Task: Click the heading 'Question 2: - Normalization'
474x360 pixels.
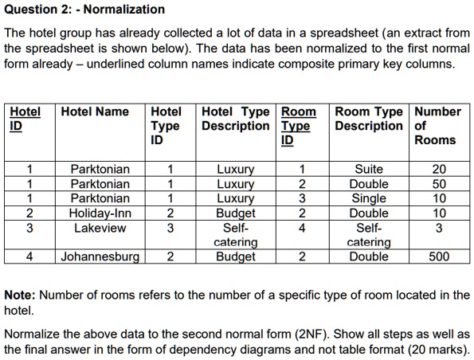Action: point(84,10)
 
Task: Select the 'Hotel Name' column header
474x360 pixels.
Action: point(95,112)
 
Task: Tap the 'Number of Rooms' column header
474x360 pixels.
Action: point(437,126)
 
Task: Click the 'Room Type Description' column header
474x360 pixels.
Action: point(369,119)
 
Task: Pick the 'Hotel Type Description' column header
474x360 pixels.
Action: point(236,119)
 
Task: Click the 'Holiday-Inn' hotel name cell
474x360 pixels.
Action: point(99,213)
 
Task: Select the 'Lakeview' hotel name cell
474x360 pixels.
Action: point(100,228)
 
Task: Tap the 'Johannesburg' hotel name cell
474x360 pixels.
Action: point(100,256)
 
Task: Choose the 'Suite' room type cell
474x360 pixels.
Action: point(369,169)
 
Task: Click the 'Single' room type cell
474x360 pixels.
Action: point(369,198)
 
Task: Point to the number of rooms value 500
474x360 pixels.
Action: point(438,256)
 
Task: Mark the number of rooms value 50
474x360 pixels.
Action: point(439,184)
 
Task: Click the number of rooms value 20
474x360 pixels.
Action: point(439,169)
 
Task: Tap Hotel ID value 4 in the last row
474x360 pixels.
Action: point(29,256)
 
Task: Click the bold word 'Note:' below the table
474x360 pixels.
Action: point(22,295)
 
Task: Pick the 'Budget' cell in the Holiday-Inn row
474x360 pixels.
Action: point(236,213)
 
